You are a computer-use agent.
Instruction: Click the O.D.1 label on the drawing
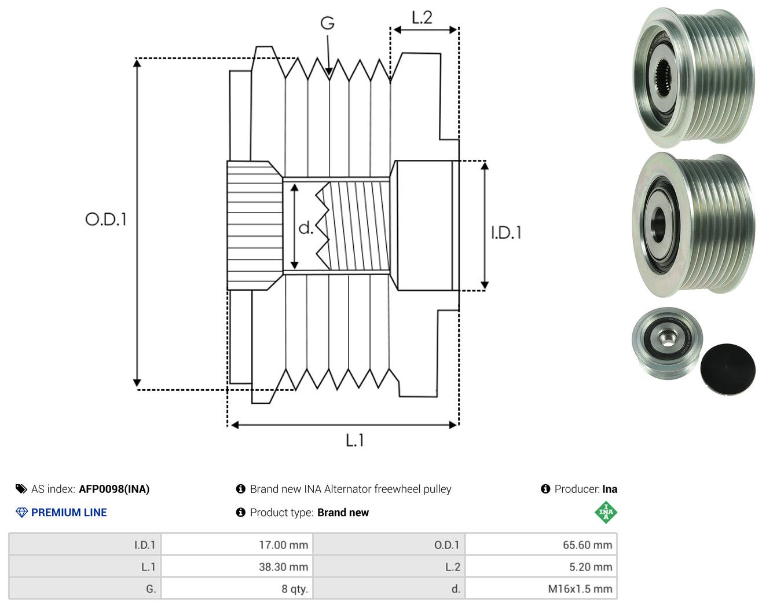[106, 220]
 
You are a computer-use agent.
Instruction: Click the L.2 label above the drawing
[422, 18]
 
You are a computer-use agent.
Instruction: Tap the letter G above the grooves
[327, 23]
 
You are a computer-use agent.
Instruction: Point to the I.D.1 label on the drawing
[506, 233]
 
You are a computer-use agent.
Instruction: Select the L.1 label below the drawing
[355, 440]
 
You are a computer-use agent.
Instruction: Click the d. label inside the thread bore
[306, 228]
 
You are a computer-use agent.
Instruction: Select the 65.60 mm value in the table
[588, 544]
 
